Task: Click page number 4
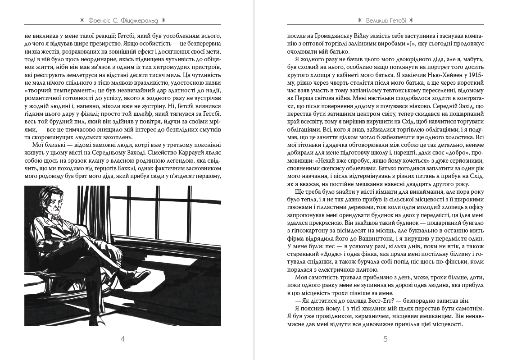122,339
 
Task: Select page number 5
385,339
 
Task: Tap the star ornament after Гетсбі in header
411,20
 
